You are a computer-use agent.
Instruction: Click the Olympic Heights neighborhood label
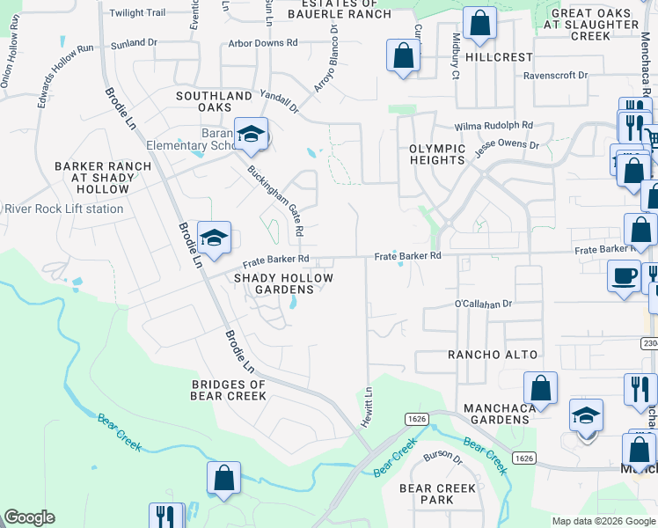click(437, 154)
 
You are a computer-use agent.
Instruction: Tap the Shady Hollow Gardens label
click(283, 283)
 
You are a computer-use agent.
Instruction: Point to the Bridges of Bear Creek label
click(229, 390)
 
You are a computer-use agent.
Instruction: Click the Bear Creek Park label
click(437, 494)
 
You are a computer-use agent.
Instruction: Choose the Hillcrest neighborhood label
click(499, 57)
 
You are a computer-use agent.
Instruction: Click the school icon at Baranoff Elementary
click(251, 135)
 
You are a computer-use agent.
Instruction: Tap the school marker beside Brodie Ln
click(214, 238)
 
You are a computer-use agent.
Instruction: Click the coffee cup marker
click(624, 276)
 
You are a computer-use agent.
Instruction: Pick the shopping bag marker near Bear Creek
click(223, 479)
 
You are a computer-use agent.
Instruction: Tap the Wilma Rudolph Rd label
click(493, 126)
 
